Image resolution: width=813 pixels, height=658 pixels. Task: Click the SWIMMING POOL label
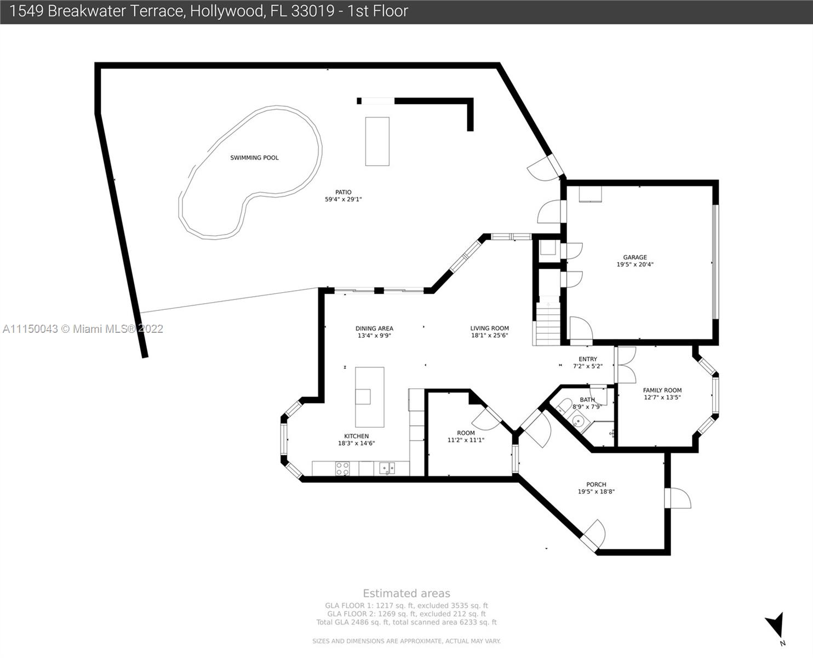(x=254, y=158)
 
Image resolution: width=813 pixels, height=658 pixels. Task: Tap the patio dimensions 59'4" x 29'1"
(x=343, y=199)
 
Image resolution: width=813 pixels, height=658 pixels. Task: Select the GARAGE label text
(x=635, y=257)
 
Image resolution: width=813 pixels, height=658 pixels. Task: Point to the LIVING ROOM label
(x=489, y=328)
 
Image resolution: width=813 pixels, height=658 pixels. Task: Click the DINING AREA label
(x=374, y=328)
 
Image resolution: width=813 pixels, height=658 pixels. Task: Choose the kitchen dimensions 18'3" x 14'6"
(x=357, y=444)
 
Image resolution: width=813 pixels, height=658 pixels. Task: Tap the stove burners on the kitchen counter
(x=342, y=469)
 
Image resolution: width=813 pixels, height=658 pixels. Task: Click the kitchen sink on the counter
(x=387, y=468)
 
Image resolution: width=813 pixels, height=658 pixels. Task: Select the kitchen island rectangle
(x=369, y=397)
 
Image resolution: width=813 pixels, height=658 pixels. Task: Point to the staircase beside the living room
(x=548, y=324)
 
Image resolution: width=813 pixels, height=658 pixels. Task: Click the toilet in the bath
(x=563, y=405)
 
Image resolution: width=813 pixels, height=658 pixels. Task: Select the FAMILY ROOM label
(x=662, y=390)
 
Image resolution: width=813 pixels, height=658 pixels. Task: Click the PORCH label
(x=596, y=485)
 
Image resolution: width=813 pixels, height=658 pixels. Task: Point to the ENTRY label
(x=588, y=359)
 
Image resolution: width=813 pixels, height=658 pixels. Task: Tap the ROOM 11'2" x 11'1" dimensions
(x=466, y=440)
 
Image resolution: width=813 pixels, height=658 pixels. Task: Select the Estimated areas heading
(x=406, y=593)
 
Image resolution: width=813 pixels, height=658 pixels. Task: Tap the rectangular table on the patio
(x=377, y=141)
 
